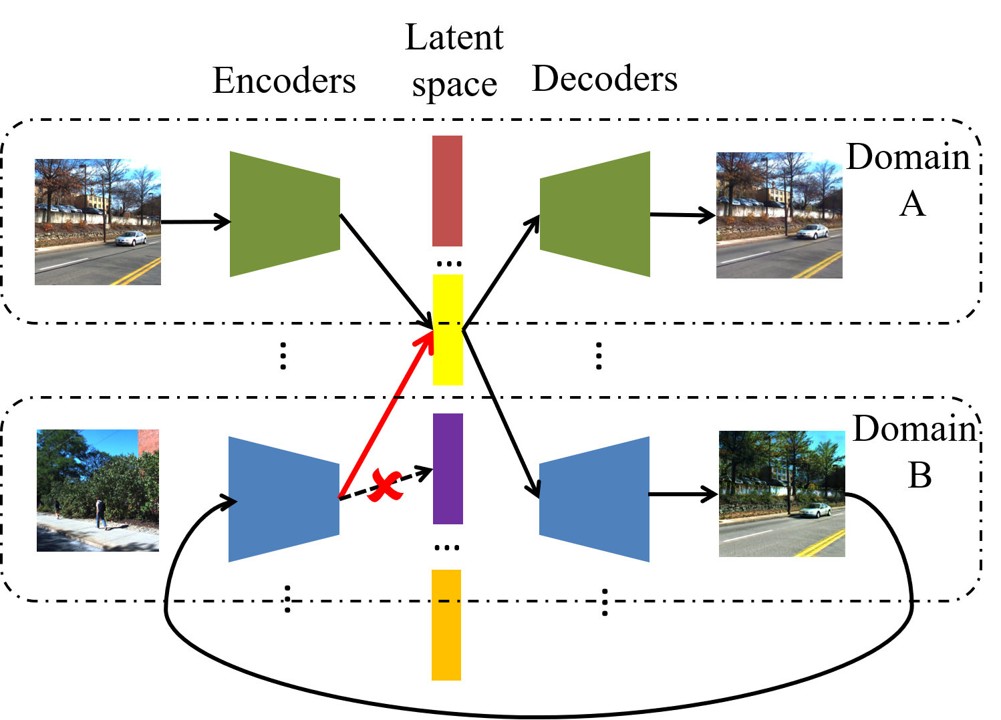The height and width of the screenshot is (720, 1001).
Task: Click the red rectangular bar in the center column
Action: click(x=447, y=191)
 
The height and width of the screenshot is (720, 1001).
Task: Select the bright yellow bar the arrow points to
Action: click(x=448, y=354)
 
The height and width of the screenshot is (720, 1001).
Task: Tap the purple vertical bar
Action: click(x=448, y=469)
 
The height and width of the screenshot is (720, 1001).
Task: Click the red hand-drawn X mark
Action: click(x=386, y=486)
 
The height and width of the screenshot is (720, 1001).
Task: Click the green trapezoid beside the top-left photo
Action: click(x=285, y=214)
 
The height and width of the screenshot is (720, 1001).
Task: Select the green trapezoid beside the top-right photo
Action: click(x=595, y=214)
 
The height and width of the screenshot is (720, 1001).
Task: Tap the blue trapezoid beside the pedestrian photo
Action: click(x=284, y=499)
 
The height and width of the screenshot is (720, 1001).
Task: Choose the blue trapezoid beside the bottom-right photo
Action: click(x=595, y=499)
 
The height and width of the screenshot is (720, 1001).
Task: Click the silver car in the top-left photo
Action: click(x=131, y=238)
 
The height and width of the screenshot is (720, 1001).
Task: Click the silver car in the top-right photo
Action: click(x=813, y=232)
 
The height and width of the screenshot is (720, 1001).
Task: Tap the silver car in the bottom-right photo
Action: click(x=815, y=510)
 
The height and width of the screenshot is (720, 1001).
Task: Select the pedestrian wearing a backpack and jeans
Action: click(x=100, y=513)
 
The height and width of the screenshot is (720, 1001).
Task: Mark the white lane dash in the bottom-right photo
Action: click(x=748, y=536)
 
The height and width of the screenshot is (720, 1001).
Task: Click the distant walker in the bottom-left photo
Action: click(x=57, y=509)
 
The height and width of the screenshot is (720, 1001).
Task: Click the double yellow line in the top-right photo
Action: click(x=819, y=266)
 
